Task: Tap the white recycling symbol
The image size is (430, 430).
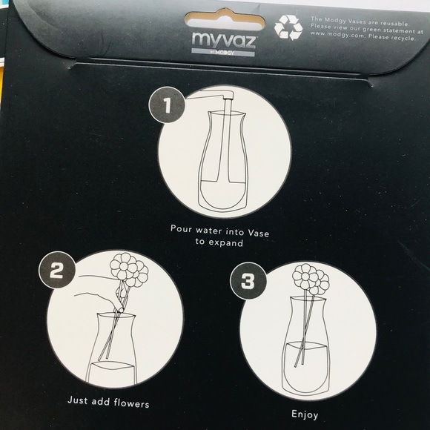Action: pos(288,27)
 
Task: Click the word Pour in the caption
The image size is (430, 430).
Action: pos(182,229)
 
